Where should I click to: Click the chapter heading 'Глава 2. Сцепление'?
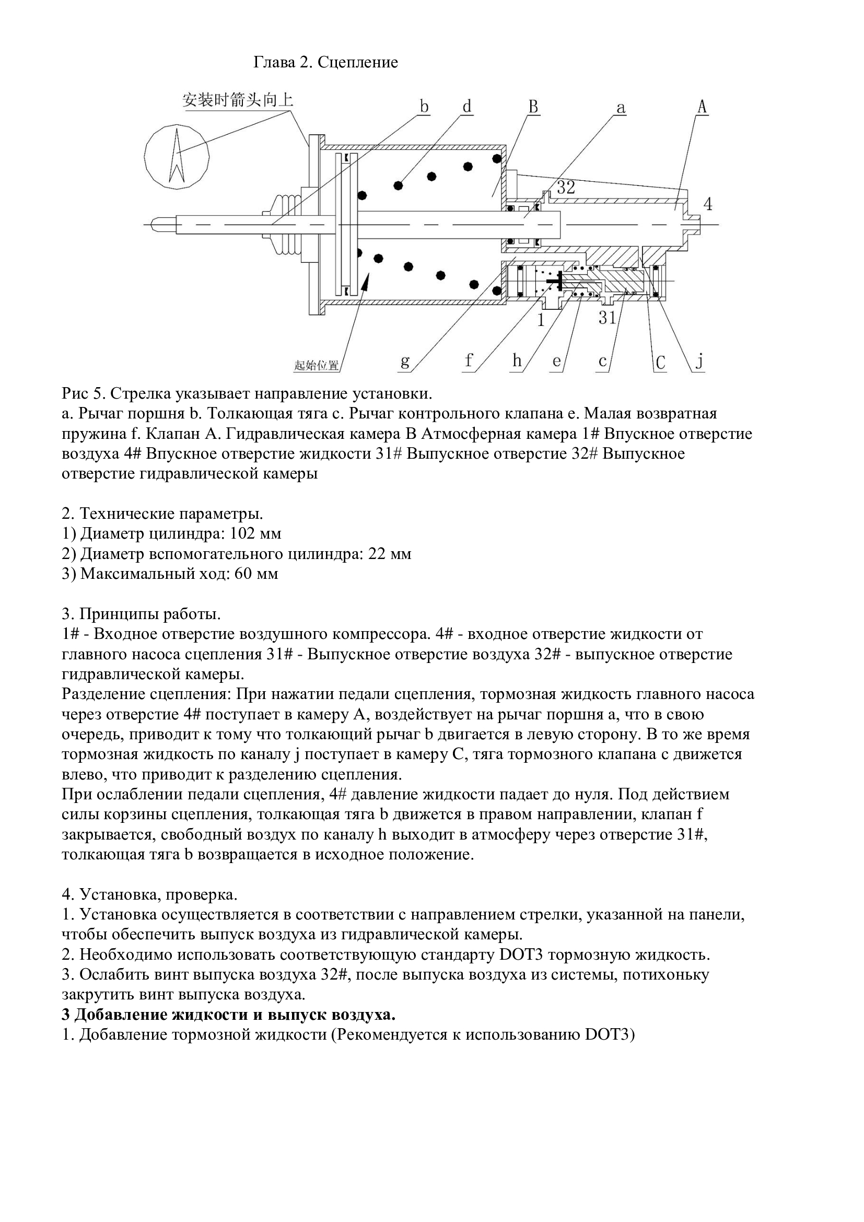pyautogui.click(x=325, y=63)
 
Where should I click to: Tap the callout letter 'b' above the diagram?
pyautogui.click(x=424, y=107)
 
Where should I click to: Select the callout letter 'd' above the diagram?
pyautogui.click(x=466, y=107)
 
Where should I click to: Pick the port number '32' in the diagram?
pyautogui.click(x=566, y=187)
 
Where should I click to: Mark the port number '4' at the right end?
pyautogui.click(x=708, y=203)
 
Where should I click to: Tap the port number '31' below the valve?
pyautogui.click(x=608, y=318)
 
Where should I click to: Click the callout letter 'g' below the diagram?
pyautogui.click(x=405, y=362)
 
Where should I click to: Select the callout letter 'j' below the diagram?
pyautogui.click(x=700, y=362)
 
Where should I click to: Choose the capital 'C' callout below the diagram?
pyautogui.click(x=660, y=363)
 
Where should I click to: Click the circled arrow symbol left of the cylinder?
pyautogui.click(x=177, y=155)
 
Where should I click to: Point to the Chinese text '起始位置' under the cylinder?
pyautogui.click(x=316, y=366)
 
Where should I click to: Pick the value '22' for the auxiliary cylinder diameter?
pyautogui.click(x=377, y=553)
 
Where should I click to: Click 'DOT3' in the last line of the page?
pyautogui.click(x=606, y=1035)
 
